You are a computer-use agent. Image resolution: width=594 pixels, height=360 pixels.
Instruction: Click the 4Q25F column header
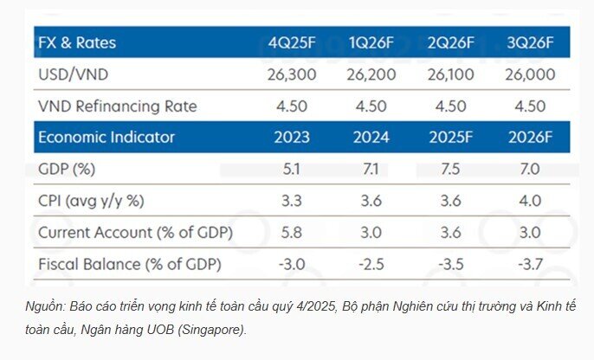(x=292, y=42)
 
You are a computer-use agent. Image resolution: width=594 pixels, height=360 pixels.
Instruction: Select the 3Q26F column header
(x=530, y=42)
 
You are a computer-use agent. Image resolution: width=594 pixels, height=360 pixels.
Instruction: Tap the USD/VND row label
(x=73, y=74)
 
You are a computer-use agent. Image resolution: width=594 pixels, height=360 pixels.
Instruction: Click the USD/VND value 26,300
(x=292, y=74)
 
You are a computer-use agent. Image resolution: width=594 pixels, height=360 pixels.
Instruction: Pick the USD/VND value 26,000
(x=530, y=74)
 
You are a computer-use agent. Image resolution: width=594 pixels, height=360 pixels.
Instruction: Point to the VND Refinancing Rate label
(x=118, y=106)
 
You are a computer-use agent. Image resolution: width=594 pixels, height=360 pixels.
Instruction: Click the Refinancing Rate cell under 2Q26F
(x=450, y=106)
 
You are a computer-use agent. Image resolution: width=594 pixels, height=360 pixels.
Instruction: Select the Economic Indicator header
(x=107, y=137)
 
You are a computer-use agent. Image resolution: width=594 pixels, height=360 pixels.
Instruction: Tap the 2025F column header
(x=450, y=137)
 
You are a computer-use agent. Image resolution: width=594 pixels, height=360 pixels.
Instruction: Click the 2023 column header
(x=292, y=137)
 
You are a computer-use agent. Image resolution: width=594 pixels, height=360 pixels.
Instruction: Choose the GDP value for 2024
(x=371, y=169)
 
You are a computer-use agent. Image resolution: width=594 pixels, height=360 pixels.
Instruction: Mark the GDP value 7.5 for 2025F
(x=450, y=169)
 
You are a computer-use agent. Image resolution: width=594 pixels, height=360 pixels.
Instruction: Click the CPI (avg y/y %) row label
(x=91, y=201)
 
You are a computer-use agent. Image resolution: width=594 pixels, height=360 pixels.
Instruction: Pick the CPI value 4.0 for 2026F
(x=530, y=201)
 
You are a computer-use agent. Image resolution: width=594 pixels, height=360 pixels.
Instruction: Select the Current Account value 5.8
(x=292, y=233)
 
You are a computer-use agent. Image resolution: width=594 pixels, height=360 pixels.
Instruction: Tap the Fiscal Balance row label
(x=130, y=264)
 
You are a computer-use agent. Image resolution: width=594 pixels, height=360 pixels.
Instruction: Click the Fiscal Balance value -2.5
(x=371, y=264)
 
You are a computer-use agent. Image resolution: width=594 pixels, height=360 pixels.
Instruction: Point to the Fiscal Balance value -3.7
(x=530, y=264)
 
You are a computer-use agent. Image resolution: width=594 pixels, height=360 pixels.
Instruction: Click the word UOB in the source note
(x=160, y=330)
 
